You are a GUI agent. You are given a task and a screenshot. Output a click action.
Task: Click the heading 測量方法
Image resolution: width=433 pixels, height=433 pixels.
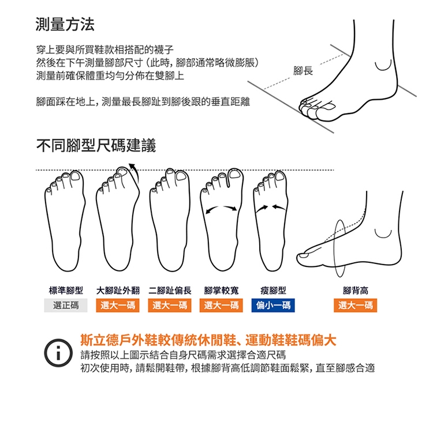click(x=65, y=24)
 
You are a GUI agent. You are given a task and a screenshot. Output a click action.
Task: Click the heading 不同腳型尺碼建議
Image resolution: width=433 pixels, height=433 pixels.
click(x=96, y=145)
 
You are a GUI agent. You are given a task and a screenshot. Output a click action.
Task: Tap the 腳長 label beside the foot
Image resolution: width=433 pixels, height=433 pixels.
click(x=303, y=71)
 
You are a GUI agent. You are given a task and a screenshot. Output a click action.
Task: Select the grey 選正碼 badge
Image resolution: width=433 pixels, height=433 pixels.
click(x=66, y=306)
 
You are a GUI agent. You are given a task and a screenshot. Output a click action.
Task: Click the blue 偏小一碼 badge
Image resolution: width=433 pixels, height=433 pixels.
click(x=273, y=306)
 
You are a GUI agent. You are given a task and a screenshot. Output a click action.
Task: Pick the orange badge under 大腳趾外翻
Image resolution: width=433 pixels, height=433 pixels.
click(x=118, y=306)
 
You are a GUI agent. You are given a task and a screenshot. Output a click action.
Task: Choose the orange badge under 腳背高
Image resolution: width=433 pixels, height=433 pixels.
click(x=355, y=306)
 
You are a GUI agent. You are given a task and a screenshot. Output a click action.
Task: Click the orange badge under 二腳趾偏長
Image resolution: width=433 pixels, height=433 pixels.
click(x=170, y=306)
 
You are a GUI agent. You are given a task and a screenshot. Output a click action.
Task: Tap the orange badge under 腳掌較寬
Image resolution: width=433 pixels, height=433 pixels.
click(x=221, y=306)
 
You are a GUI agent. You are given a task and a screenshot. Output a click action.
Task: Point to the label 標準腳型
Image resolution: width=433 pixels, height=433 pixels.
click(x=66, y=291)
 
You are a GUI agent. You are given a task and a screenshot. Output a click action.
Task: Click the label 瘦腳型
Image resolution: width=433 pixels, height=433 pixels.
click(x=273, y=291)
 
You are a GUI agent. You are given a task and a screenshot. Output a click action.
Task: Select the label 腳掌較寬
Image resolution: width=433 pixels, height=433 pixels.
click(x=221, y=291)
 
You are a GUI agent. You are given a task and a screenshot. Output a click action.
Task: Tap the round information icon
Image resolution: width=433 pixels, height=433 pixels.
click(x=58, y=353)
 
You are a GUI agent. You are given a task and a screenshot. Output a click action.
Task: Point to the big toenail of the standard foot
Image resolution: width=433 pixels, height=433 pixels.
click(x=77, y=176)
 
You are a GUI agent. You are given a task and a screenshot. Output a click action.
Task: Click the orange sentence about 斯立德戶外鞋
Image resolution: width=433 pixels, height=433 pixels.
click(x=208, y=340)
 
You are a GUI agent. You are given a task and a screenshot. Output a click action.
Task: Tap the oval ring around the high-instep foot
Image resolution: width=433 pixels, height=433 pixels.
click(x=334, y=248)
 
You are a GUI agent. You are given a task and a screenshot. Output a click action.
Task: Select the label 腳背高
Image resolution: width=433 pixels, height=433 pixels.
click(x=355, y=291)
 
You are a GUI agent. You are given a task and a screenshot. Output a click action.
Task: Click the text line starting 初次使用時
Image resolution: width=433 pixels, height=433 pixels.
click(x=227, y=368)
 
